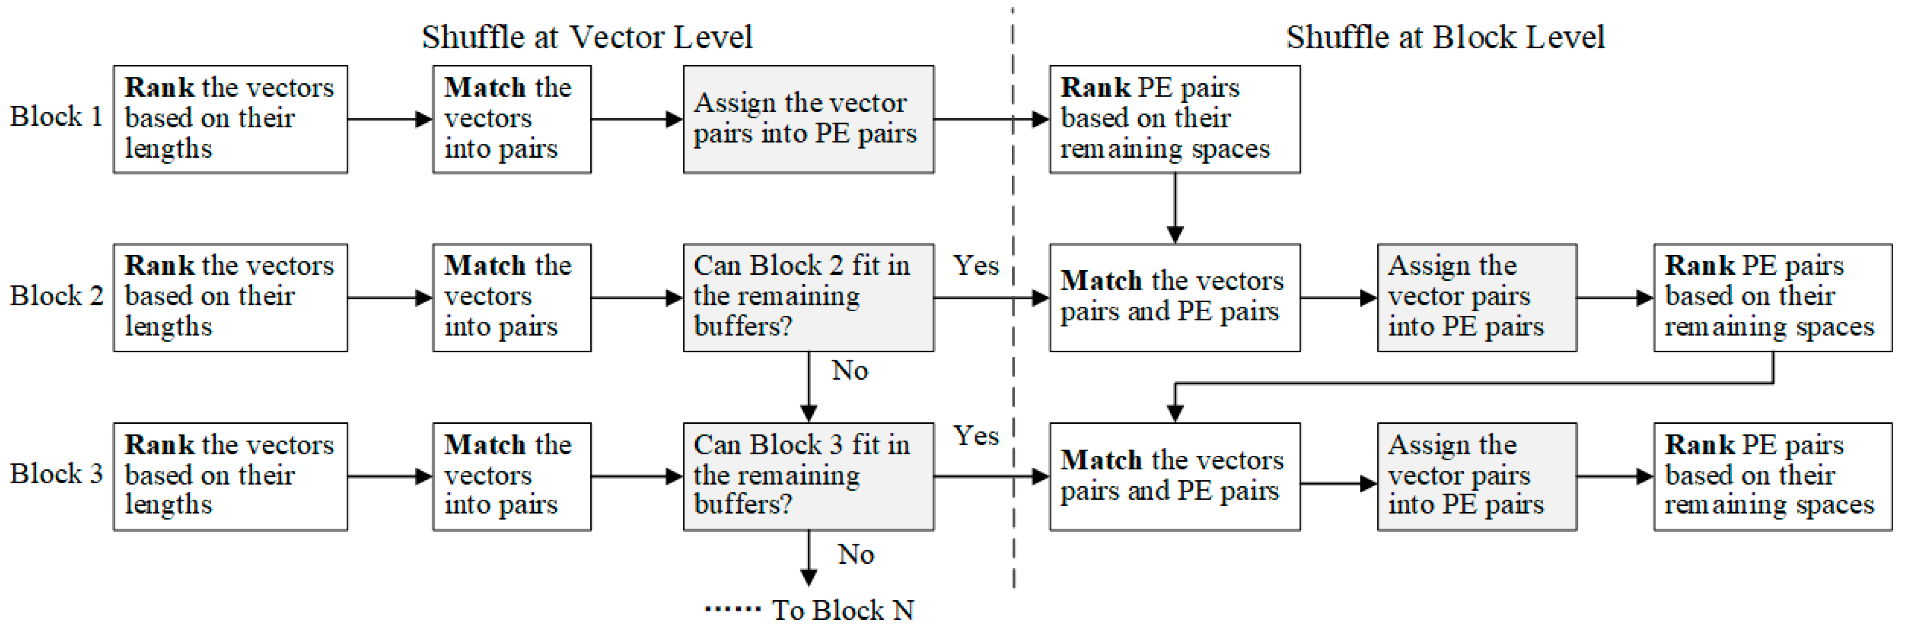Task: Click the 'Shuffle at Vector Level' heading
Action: pyautogui.click(x=587, y=37)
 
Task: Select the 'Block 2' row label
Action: pyautogui.click(x=56, y=296)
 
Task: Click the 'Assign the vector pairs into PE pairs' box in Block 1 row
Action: pyautogui.click(x=808, y=119)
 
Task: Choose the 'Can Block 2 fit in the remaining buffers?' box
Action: pyautogui.click(x=808, y=297)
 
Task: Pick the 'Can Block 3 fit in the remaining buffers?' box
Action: pyautogui.click(x=808, y=476)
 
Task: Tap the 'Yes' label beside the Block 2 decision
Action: pyautogui.click(x=976, y=265)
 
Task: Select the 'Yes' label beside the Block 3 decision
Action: pyautogui.click(x=976, y=436)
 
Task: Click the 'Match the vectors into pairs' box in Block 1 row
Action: pyautogui.click(x=512, y=119)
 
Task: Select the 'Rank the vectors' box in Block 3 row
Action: pyautogui.click(x=230, y=476)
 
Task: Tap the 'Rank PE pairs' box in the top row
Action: pyautogui.click(x=1175, y=119)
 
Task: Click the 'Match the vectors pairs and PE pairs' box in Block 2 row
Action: pyautogui.click(x=1175, y=297)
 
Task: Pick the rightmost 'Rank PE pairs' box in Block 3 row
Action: pyautogui.click(x=1772, y=476)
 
